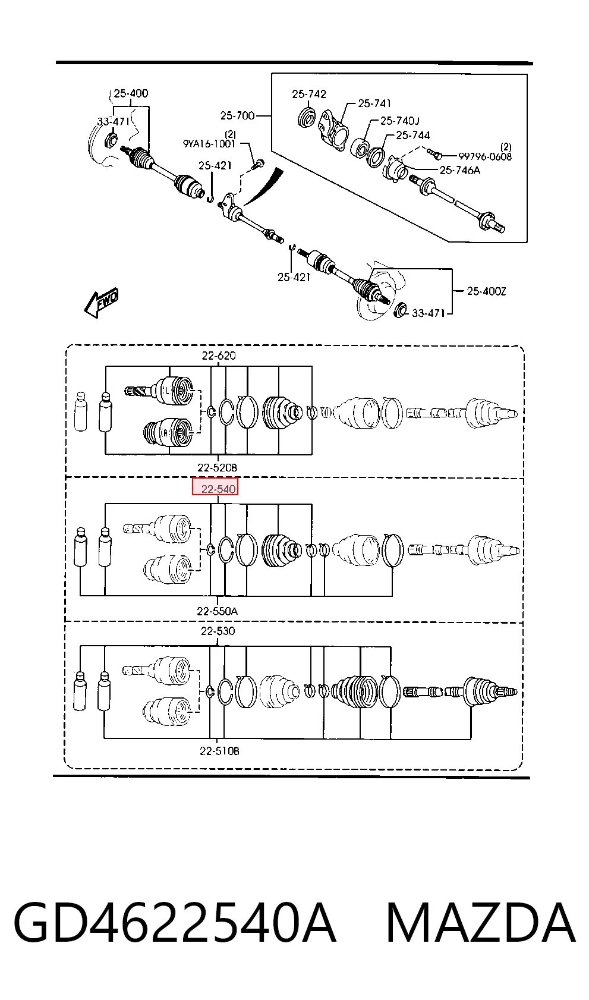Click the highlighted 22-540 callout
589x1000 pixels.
coord(215,486)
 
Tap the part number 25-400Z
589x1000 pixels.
coord(486,291)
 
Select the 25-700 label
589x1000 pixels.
coord(237,115)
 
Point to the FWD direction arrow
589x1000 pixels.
coord(102,303)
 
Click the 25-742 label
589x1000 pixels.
coord(309,94)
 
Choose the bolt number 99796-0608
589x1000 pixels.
coord(485,156)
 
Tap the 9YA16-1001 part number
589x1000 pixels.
coord(209,144)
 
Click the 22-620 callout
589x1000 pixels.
coord(219,356)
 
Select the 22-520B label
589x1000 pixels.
coord(218,467)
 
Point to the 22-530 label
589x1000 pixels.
coord(218,631)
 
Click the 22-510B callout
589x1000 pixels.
coord(219,751)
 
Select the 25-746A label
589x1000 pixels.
coord(460,170)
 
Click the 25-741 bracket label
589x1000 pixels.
coord(375,103)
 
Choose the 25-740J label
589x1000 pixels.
coord(400,121)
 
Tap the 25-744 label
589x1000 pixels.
coord(413,135)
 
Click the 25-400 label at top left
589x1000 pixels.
coord(131,93)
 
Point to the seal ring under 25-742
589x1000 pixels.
coord(307,117)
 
